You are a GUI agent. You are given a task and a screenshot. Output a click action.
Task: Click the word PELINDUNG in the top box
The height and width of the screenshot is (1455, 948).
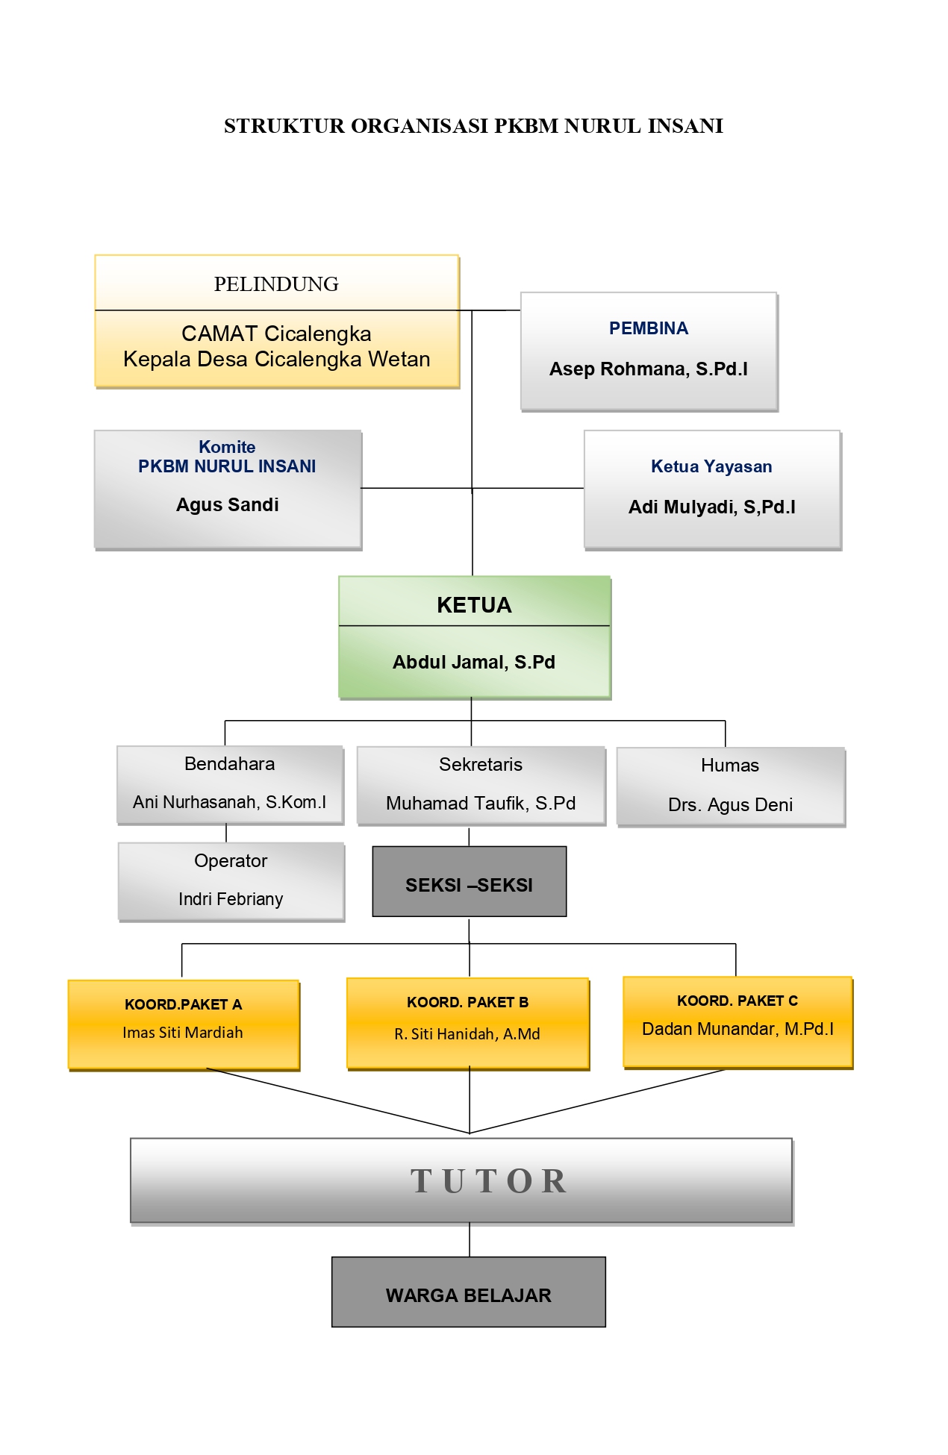pos(276,284)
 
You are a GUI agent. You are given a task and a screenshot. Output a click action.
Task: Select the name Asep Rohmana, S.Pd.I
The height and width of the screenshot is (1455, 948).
pos(648,369)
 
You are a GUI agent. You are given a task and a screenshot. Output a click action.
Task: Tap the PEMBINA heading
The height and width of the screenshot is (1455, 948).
pos(648,328)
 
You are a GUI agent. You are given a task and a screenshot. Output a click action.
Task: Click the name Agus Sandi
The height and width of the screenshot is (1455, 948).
pos(227,505)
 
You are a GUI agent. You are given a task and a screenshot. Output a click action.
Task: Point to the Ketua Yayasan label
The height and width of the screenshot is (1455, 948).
pos(711,467)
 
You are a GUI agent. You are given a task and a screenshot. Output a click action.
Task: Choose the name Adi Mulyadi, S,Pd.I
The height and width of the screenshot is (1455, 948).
pos(711,507)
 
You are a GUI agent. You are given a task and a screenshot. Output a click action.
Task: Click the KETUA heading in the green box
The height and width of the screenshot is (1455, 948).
pos(474,605)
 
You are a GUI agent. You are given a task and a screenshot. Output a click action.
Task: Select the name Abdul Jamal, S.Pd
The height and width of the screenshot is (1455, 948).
pos(474,663)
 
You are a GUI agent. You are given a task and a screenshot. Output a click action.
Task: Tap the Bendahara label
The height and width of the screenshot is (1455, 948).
pos(229,764)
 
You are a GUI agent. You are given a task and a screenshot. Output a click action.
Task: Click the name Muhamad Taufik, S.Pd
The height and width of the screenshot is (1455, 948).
pos(481,804)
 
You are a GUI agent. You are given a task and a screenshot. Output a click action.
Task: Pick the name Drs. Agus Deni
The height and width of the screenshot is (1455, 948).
pos(730,805)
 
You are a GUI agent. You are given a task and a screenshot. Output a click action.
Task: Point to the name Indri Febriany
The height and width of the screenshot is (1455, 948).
pos(231,899)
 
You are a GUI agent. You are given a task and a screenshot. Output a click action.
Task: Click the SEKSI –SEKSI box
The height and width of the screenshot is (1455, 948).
pos(469,885)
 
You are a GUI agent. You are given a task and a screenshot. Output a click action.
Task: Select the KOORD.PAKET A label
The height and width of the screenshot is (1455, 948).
pos(183,1004)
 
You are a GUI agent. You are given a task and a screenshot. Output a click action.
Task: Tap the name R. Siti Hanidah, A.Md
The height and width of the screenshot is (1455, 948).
pos(467,1034)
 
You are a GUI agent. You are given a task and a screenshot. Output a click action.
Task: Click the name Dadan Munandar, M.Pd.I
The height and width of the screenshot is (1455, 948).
pos(737,1029)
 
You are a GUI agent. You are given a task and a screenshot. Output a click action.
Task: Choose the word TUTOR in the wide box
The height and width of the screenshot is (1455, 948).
pos(489,1181)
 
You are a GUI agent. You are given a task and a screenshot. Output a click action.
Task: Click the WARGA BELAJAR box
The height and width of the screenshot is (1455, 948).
pos(468,1295)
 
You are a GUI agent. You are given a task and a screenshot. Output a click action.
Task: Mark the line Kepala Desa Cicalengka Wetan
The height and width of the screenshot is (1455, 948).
pos(276,360)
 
